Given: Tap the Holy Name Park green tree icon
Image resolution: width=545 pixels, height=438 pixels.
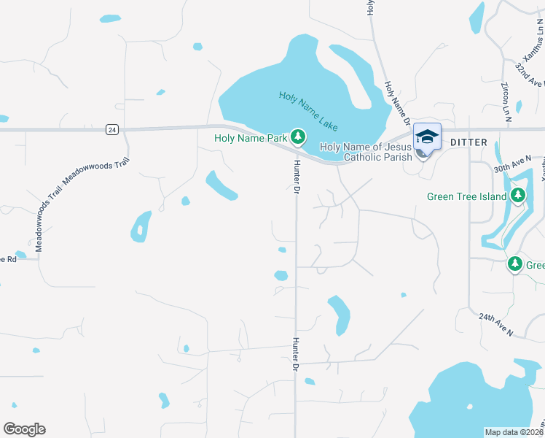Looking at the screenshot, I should pyautogui.click(x=297, y=137).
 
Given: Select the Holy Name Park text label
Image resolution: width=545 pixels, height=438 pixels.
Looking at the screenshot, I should pyautogui.click(x=251, y=137).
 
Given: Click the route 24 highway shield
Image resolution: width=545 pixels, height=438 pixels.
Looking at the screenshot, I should pyautogui.click(x=111, y=129).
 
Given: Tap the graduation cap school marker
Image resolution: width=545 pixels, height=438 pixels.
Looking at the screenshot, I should pyautogui.click(x=427, y=137).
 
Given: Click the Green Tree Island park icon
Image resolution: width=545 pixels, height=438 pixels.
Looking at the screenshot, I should pyautogui.click(x=518, y=195).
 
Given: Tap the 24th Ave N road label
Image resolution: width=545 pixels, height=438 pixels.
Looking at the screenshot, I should pyautogui.click(x=496, y=325).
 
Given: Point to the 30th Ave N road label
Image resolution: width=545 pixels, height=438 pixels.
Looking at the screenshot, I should pyautogui.click(x=512, y=164).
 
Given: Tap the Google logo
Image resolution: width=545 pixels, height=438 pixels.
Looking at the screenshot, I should pyautogui.click(x=24, y=429).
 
